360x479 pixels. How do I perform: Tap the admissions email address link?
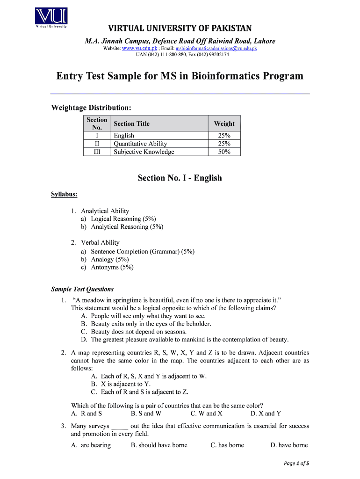(216, 48)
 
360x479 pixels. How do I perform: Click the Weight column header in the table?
(224, 123)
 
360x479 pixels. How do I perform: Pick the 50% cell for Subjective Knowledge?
(224, 152)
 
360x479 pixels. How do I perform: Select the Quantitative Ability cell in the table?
(140, 144)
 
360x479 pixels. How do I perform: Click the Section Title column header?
(131, 123)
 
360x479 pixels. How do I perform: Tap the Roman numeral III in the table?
(97, 152)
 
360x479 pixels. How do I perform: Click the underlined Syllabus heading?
(64, 194)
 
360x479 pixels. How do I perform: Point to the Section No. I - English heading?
(180, 178)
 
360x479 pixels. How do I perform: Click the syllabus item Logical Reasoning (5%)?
(123, 218)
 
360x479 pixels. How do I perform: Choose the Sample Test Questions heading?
(82, 289)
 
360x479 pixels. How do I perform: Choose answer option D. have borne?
(289, 445)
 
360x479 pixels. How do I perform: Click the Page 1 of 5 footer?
(296, 464)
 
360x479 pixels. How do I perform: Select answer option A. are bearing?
(91, 445)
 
